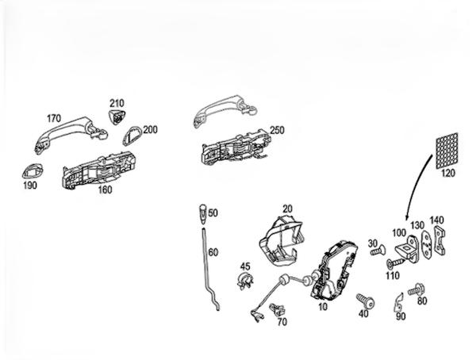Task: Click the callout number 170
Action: pyautogui.click(x=53, y=118)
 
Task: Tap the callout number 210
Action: pyautogui.click(x=117, y=103)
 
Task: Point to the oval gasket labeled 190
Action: pyautogui.click(x=33, y=170)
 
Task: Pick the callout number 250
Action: pyautogui.click(x=277, y=129)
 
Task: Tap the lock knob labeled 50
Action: pyautogui.click(x=202, y=213)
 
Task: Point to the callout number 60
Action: pyautogui.click(x=213, y=251)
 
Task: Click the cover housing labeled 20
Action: pyautogui.click(x=281, y=237)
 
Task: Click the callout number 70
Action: pyautogui.click(x=282, y=322)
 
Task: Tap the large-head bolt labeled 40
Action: pyautogui.click(x=365, y=300)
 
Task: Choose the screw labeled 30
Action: pyautogui.click(x=378, y=251)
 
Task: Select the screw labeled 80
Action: pyautogui.click(x=416, y=292)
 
